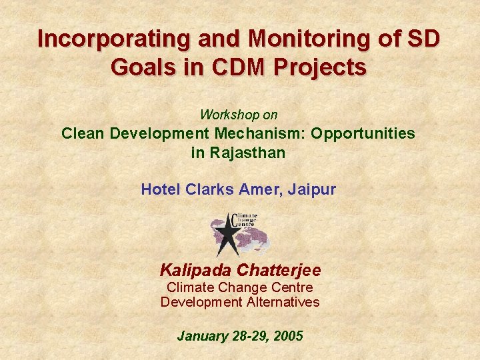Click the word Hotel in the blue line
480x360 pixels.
(159, 190)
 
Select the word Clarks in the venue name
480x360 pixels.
(204, 190)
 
